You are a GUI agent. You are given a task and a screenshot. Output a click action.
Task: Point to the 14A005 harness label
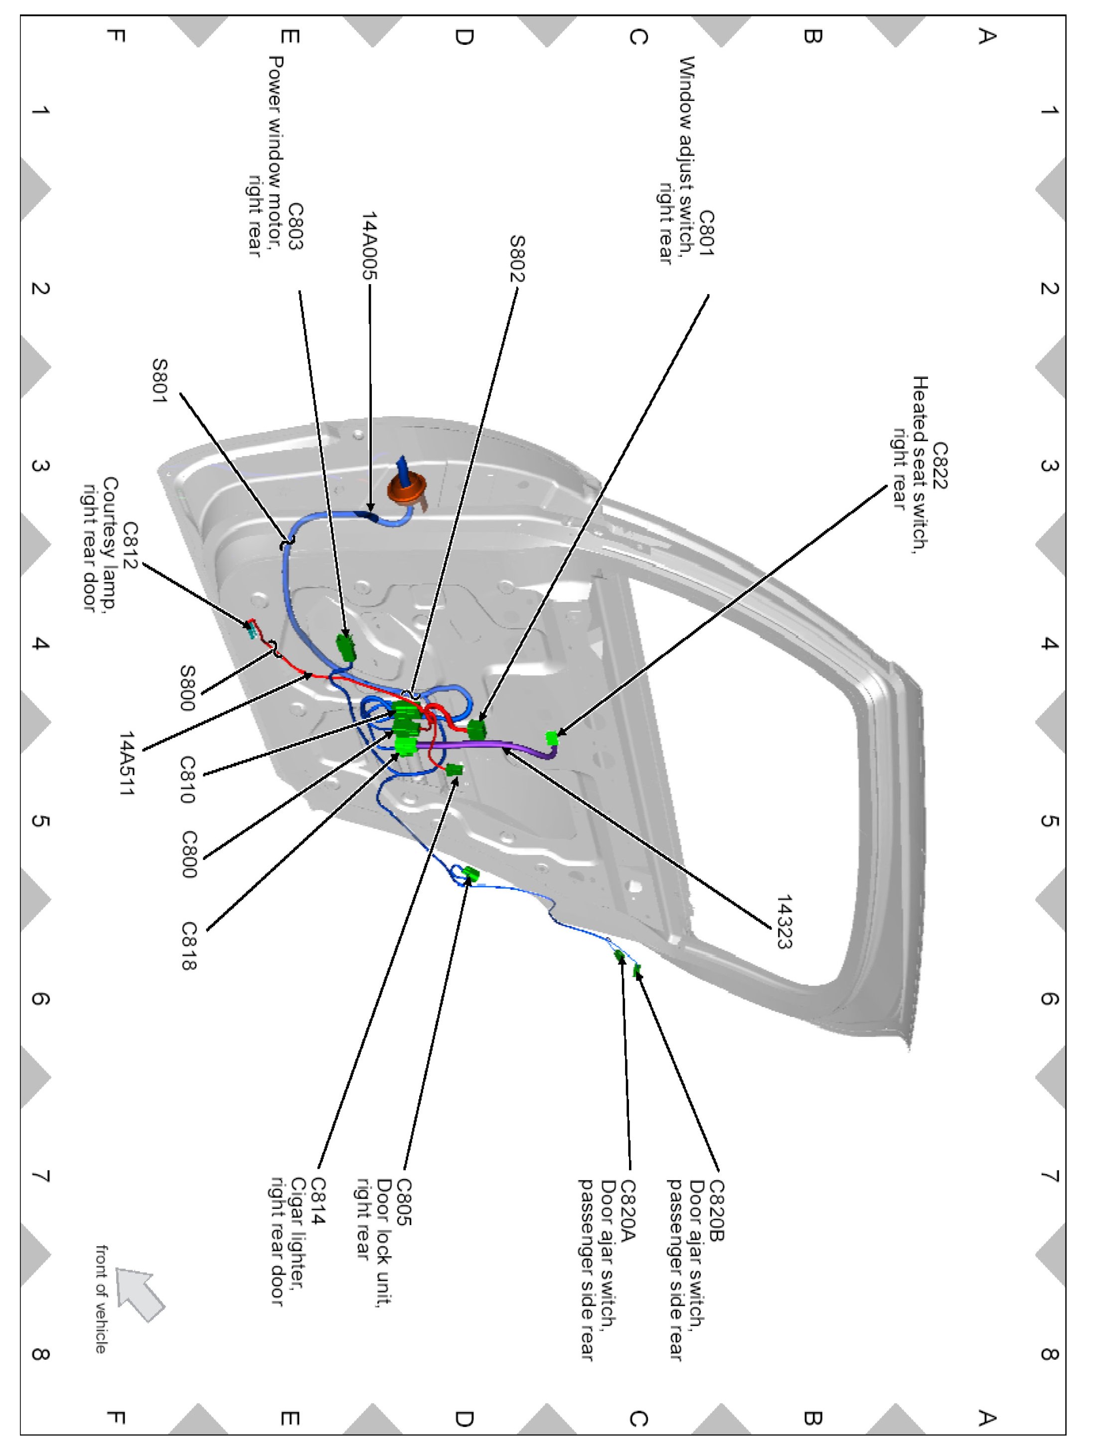click(x=370, y=246)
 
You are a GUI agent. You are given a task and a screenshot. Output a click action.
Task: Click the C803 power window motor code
click(x=296, y=227)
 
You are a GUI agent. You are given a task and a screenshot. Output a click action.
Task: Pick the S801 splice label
click(x=159, y=380)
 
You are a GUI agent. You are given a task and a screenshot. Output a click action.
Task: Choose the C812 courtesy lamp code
click(x=131, y=546)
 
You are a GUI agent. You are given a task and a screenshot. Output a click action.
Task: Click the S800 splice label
click(x=188, y=688)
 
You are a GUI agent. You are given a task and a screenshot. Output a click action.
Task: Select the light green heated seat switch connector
click(x=552, y=738)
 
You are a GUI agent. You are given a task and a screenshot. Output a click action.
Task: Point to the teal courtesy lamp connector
click(x=250, y=629)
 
